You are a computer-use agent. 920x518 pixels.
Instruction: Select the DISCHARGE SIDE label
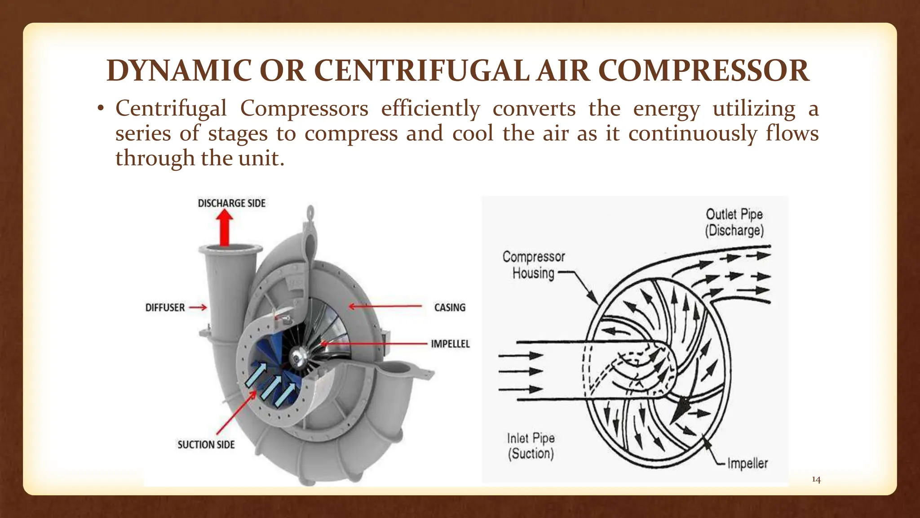[x=231, y=203]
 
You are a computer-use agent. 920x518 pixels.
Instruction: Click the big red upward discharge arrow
[x=224, y=228]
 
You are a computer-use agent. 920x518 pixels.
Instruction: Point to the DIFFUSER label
[x=165, y=308]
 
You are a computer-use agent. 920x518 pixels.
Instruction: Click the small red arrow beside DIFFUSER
[x=198, y=308]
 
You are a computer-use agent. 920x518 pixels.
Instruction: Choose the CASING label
[x=450, y=308]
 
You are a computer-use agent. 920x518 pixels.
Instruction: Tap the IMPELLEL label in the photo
[x=450, y=344]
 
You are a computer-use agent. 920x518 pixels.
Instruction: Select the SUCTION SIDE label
[x=206, y=445]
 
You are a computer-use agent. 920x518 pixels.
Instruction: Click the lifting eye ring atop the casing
[x=310, y=211]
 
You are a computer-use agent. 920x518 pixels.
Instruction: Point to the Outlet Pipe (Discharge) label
[x=734, y=222]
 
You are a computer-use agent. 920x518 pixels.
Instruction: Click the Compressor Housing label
[x=534, y=265]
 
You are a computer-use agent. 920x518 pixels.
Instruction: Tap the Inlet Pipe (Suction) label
[x=531, y=446]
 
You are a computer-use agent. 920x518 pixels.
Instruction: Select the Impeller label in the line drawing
[x=747, y=463]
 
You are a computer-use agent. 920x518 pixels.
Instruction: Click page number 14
[x=816, y=480]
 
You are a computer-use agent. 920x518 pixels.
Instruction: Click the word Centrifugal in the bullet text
[x=171, y=108]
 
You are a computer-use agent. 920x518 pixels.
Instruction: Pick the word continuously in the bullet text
[x=692, y=134]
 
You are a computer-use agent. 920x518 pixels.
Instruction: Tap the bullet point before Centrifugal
[x=101, y=108]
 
